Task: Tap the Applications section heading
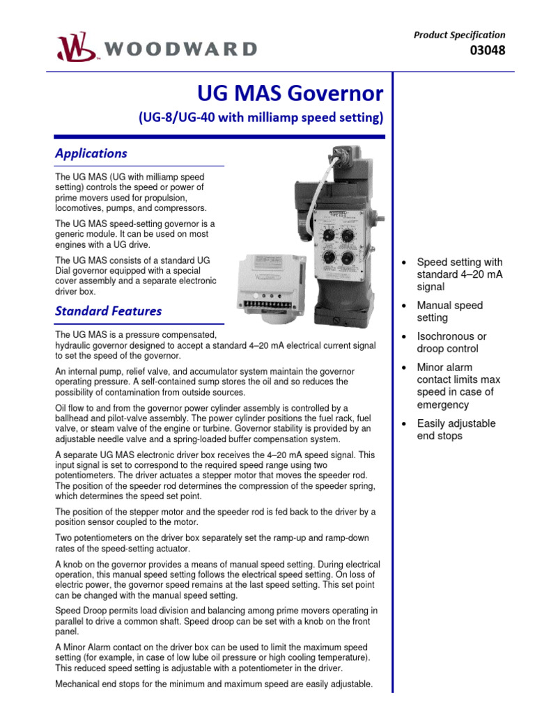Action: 91,153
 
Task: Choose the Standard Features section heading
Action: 108,311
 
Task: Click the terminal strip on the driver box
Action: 269,304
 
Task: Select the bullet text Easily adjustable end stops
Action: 456,430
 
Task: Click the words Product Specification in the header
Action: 460,35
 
